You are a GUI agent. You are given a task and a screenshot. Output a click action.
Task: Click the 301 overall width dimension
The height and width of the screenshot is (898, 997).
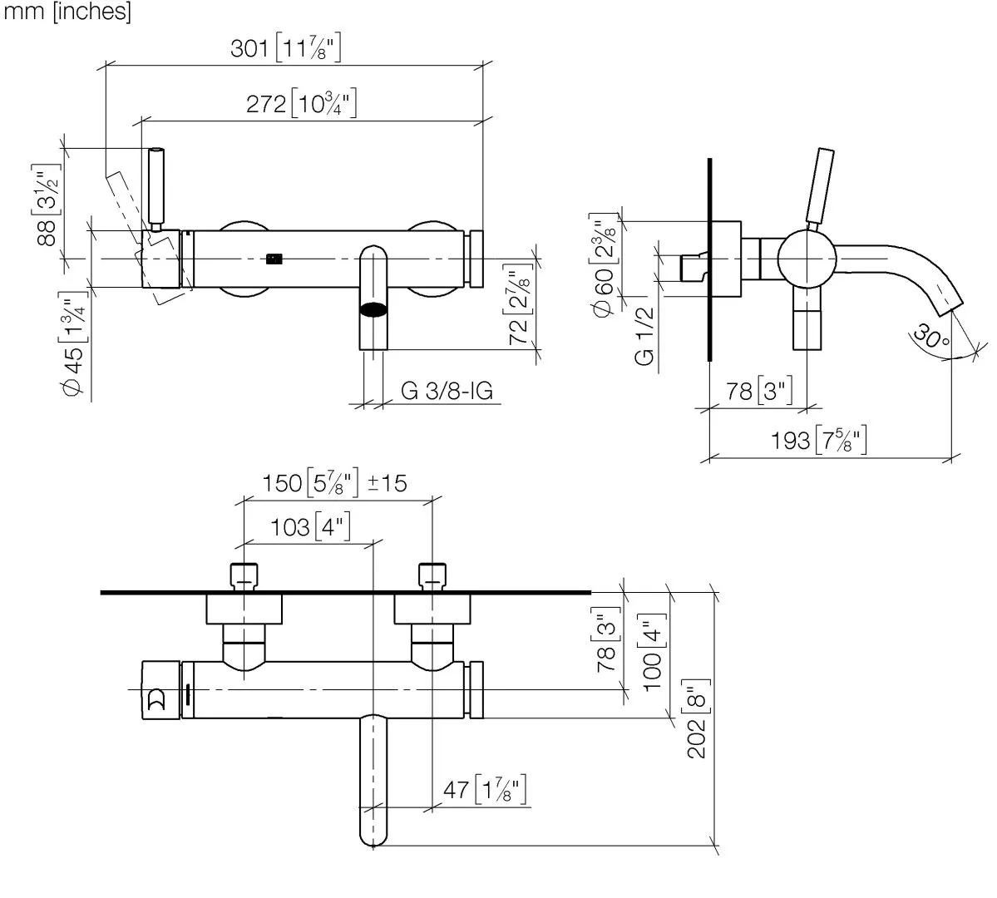(285, 49)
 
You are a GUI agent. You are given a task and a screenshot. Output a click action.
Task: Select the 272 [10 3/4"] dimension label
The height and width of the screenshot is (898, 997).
(302, 105)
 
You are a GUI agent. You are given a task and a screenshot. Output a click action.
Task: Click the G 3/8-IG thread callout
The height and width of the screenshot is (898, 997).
(447, 391)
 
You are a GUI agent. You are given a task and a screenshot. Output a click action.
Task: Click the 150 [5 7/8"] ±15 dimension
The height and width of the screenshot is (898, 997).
(335, 482)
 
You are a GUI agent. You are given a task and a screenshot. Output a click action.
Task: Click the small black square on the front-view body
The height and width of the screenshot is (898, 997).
(274, 258)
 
